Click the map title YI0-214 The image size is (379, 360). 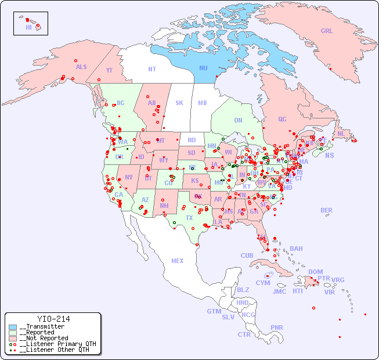(53, 319)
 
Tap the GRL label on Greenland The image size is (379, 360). (327, 31)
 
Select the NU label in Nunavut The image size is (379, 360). (203, 68)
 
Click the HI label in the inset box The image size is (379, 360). (28, 27)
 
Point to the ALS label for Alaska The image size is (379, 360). (81, 67)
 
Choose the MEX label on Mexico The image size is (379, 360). (178, 261)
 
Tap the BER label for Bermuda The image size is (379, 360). (326, 210)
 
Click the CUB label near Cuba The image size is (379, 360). (247, 255)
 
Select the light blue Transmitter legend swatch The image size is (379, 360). (13, 327)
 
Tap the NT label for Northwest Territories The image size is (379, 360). (151, 69)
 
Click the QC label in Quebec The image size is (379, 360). (282, 119)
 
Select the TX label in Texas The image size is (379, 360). (189, 218)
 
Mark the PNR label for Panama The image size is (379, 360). (277, 327)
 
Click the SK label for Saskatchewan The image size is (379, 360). (179, 103)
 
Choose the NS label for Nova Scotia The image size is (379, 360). (329, 155)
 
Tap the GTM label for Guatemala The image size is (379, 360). (214, 311)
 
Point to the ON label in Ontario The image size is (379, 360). (238, 120)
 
